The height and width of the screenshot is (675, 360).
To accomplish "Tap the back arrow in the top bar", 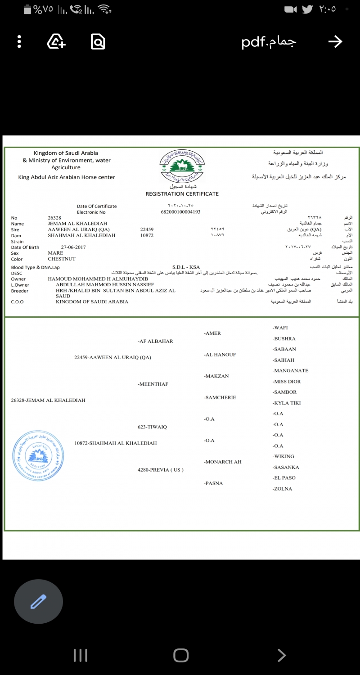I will click(x=335, y=42).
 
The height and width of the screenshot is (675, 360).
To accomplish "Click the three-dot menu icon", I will click(x=19, y=42).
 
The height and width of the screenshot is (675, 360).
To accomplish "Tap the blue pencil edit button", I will click(x=38, y=601).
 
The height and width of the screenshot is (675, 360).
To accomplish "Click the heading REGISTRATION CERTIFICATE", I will click(x=182, y=194).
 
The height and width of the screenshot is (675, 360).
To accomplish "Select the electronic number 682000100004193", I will click(x=180, y=212).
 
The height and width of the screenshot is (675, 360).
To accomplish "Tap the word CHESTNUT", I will click(x=62, y=259).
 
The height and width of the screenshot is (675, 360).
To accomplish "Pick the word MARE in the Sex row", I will click(x=55, y=253).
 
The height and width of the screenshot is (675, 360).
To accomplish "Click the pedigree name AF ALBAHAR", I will click(x=156, y=342).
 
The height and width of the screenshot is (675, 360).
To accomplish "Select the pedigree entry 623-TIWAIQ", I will click(x=152, y=427).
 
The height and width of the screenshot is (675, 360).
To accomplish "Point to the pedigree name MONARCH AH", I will click(x=223, y=462).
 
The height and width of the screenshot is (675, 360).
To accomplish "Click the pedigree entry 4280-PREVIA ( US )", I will click(x=161, y=470).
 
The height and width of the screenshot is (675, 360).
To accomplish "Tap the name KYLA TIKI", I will click(x=287, y=403).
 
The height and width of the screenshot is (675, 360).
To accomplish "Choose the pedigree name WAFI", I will click(x=280, y=328).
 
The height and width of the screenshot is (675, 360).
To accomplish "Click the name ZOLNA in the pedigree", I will click(x=283, y=489).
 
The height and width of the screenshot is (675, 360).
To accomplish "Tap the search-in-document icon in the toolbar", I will click(x=98, y=42).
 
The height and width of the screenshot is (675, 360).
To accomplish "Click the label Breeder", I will click(x=19, y=291).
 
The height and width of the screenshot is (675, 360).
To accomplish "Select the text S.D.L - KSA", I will click(x=186, y=267).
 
